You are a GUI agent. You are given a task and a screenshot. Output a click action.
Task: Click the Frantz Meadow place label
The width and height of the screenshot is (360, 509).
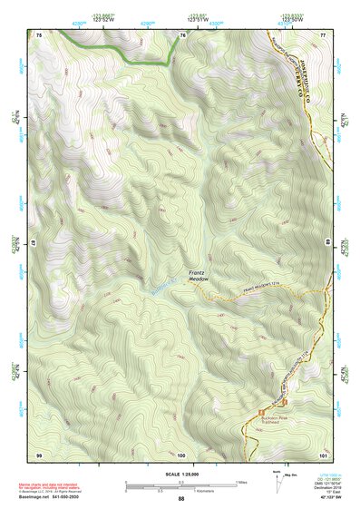(x=199, y=277)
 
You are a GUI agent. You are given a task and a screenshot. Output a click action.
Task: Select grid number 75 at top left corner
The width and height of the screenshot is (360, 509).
(x=39, y=34)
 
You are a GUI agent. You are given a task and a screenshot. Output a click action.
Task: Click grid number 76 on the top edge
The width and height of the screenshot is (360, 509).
(x=182, y=34)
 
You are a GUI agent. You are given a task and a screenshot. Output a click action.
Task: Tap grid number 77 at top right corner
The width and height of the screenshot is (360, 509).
(x=322, y=34)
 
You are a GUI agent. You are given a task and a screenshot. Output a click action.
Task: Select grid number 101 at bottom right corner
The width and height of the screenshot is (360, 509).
(x=322, y=453)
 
